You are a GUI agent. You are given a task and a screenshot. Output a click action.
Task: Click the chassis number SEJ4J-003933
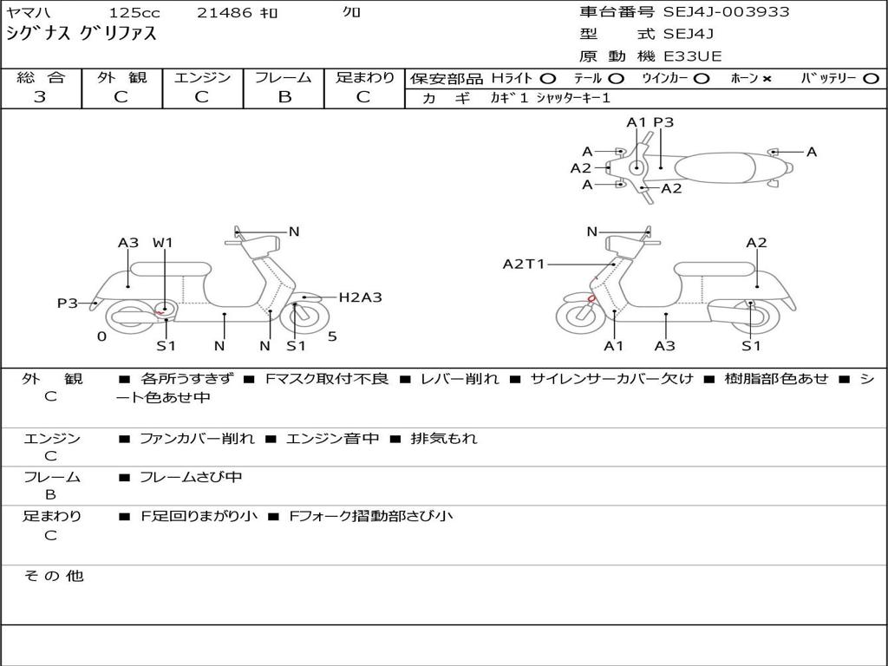click(x=726, y=12)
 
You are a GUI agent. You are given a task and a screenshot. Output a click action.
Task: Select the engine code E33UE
click(x=693, y=56)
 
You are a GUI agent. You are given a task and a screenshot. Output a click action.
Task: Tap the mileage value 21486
click(x=224, y=13)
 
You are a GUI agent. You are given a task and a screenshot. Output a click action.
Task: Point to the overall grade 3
click(x=40, y=97)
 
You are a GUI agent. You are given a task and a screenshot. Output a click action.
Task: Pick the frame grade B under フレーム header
click(x=284, y=97)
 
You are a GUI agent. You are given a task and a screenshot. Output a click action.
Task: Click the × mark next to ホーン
click(x=767, y=78)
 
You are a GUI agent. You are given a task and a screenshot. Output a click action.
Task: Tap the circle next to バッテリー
click(x=871, y=78)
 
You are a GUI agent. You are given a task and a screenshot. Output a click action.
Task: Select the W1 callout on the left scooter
click(x=163, y=243)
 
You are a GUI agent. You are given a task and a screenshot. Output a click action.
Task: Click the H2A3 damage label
click(x=360, y=297)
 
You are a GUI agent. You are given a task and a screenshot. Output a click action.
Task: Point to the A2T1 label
click(x=524, y=264)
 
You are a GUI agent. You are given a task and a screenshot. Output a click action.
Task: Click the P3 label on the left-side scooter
click(x=68, y=303)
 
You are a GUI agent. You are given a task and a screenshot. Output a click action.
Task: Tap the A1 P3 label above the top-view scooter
click(x=650, y=122)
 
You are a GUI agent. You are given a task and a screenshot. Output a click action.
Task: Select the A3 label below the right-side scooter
click(x=665, y=346)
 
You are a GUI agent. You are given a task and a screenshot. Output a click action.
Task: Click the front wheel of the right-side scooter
click(x=580, y=316)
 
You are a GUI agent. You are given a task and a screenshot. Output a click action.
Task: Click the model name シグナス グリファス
click(x=82, y=35)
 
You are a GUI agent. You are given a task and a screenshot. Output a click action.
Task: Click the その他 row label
click(x=53, y=576)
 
